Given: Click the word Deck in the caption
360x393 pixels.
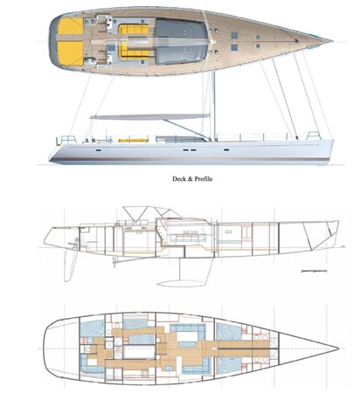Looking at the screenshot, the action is point(178,179).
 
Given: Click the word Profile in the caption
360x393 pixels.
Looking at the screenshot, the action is point(204,179).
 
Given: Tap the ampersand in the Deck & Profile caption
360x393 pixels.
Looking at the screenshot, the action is point(190,179).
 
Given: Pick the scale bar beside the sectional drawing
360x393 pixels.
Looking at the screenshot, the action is point(314,271).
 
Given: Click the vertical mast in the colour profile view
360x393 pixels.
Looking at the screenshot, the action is point(213,106).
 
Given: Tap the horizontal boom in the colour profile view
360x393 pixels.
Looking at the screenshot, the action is point(149,116).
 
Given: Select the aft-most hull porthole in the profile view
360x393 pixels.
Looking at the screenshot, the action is point(99,150).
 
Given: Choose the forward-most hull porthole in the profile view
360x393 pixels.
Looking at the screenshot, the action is point(226,149).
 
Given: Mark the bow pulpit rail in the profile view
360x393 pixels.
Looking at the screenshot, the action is point(314,135).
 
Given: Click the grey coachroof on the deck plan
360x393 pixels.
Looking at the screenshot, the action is point(181,41).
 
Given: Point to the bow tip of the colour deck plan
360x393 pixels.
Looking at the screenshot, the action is point(333,41).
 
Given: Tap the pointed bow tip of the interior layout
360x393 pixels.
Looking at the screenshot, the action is point(339,348).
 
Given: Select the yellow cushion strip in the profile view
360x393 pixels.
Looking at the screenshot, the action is point(133,141).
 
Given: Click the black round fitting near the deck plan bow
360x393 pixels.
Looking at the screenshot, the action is point(296,41).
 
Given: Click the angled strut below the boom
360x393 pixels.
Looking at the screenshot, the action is point(185,128).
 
